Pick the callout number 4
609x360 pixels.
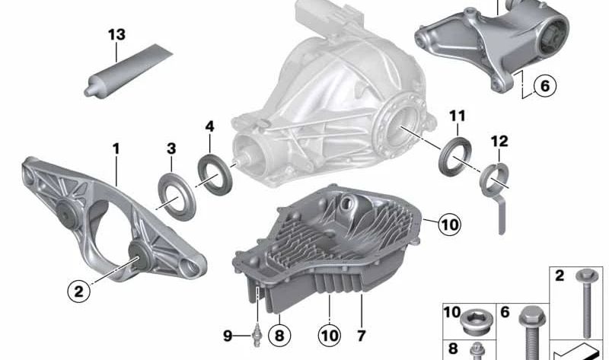coord(209,124)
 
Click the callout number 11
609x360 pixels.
coord(456,116)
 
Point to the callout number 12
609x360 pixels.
coord(499,142)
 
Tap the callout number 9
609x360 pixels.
coord(227,335)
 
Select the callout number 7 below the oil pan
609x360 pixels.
coord(361,335)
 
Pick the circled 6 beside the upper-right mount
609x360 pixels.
coord(544,86)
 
